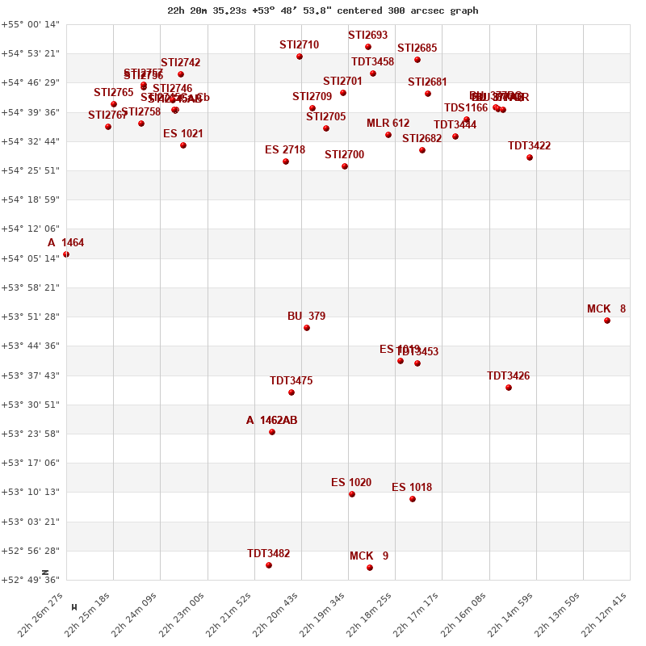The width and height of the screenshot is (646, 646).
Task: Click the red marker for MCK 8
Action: pos(607,321)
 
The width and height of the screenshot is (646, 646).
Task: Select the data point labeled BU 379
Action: pos(307,328)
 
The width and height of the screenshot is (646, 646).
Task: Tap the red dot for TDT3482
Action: pos(269,565)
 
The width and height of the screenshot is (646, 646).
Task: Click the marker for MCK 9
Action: pos(370,568)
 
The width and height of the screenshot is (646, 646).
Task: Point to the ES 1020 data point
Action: pos(352,494)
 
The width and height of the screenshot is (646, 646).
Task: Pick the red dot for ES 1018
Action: pos(413,499)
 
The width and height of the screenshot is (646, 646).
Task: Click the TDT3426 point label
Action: pos(508,376)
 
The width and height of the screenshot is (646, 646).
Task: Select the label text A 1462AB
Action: pos(271,421)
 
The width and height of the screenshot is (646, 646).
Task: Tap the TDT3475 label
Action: pos(291,381)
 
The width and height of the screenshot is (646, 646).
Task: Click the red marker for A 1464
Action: pos(66,254)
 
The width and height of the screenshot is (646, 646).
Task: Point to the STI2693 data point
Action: pos(368,47)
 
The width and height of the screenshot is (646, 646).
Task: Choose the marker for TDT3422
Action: pos(530,157)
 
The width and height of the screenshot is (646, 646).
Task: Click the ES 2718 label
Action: pos(285,150)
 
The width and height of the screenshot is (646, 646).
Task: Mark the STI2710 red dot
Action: pos(300,57)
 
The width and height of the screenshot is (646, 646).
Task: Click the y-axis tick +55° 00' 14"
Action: pos(30,24)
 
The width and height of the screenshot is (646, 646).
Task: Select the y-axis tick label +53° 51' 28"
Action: pos(30,317)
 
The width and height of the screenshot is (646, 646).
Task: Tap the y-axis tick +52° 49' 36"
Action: pos(30,580)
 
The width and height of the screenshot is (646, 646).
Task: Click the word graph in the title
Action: pos(464,10)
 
